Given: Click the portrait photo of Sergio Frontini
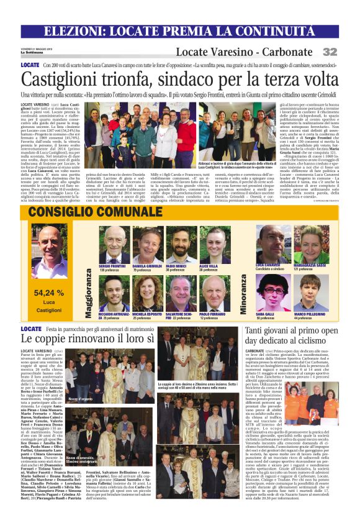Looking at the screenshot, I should point(111,245).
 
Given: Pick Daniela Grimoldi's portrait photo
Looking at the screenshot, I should point(148,246).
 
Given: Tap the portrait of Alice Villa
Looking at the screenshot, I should point(215,245).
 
